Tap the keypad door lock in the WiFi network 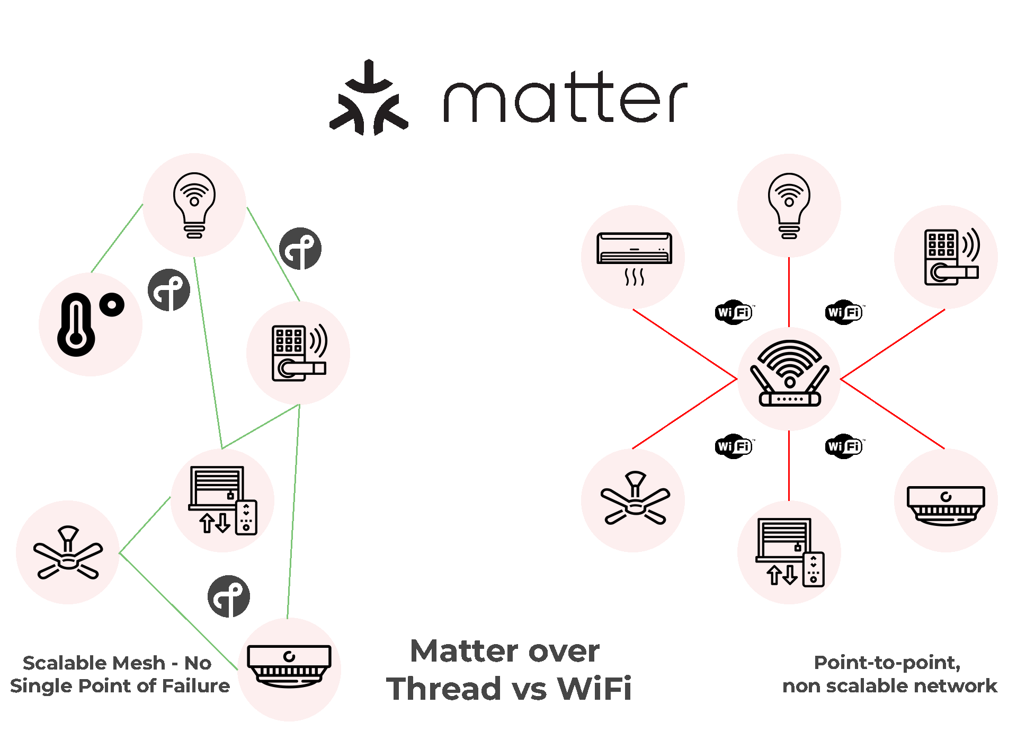tap(950, 257)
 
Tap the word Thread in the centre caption tap(443, 689)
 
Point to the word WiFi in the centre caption tap(594, 689)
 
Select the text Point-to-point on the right tap(887, 662)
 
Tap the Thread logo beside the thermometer tap(169, 289)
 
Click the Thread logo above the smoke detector tap(228, 596)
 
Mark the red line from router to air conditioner tap(684, 345)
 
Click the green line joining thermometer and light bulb tap(117, 238)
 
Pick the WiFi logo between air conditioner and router tap(734, 312)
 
